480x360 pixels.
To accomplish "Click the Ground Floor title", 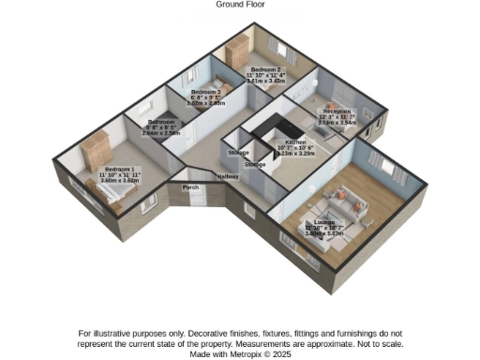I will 239,5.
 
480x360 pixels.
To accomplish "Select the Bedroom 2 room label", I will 262,69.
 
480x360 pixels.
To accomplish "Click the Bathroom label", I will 160,122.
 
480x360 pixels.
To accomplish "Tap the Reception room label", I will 337,111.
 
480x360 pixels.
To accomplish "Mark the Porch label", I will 190,187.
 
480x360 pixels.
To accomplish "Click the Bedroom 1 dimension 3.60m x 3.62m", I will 119,179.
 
